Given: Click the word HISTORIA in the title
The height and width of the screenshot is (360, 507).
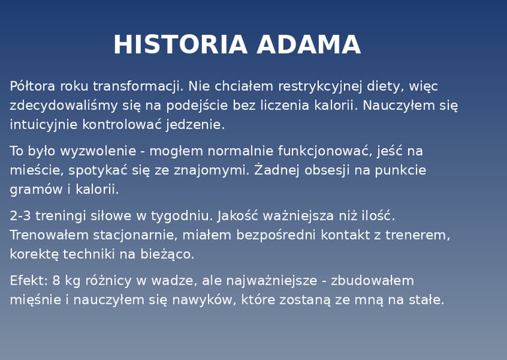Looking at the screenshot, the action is coord(180,44).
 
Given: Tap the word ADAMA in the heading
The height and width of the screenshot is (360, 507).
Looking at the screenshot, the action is coord(309,44).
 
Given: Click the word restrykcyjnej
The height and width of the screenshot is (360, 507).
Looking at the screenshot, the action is coord(320,87).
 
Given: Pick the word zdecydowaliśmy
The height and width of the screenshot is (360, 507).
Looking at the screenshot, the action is coord(63,106).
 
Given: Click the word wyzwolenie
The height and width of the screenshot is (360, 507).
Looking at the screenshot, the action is coord(98,152).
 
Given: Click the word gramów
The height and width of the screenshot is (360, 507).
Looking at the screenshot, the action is coord(36,190).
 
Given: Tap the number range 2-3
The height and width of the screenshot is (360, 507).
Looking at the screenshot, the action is coord(20,216).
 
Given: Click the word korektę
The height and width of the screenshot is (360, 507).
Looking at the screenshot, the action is coord(34,254).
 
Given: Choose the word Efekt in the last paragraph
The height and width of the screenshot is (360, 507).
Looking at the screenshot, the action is coord(29,281).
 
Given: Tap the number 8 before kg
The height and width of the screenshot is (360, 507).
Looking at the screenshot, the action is coord(56,281).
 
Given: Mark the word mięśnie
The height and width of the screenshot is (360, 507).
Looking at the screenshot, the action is coord(36,300).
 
